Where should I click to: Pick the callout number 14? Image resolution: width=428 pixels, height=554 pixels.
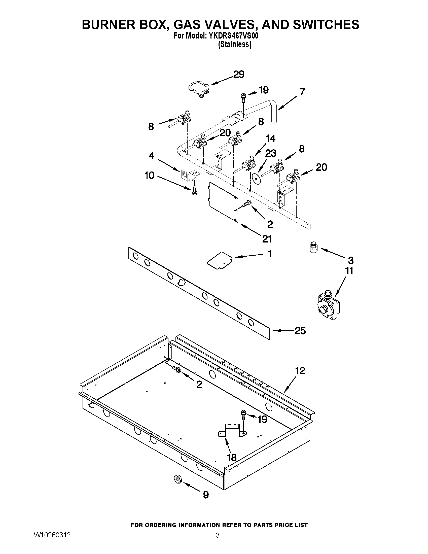tap(270, 138)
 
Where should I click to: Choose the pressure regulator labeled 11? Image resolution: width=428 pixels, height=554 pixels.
tap(328, 306)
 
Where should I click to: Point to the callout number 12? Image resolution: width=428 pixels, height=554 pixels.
tap(300, 371)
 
